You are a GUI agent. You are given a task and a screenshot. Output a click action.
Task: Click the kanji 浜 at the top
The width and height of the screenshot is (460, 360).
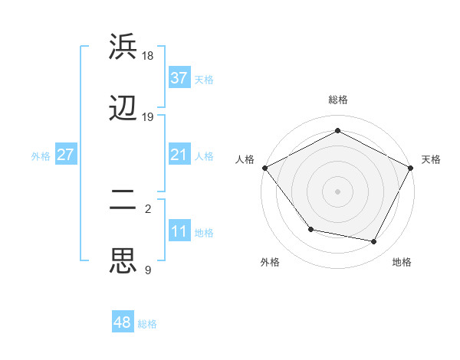(x=124, y=47)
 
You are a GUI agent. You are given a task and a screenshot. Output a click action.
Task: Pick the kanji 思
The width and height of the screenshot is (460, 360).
(x=124, y=260)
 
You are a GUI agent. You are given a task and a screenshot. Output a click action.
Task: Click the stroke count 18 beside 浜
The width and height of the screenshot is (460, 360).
(x=148, y=56)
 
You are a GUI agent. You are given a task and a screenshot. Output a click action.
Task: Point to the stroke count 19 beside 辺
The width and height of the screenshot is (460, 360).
(x=148, y=117)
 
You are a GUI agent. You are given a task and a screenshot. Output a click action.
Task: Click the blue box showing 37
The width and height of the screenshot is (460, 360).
(x=179, y=77)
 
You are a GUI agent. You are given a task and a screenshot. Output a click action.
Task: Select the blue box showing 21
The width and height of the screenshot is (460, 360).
(x=179, y=155)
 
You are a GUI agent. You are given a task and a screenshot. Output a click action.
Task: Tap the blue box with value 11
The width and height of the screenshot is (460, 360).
(x=179, y=232)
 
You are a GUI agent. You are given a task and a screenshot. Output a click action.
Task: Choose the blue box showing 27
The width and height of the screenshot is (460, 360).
(x=65, y=155)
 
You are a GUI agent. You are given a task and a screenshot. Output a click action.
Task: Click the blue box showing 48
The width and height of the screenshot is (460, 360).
(x=123, y=323)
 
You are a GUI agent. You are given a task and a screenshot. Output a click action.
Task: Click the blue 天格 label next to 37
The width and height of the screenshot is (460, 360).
(x=204, y=79)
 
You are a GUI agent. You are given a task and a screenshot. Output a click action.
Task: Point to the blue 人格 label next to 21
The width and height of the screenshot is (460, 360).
(x=204, y=156)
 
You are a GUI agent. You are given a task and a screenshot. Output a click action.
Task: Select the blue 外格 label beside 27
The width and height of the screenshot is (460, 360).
(x=41, y=156)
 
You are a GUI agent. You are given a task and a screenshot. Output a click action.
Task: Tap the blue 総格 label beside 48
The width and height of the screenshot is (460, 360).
(x=147, y=324)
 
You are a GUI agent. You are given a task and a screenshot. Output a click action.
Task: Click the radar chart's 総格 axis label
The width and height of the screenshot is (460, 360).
(x=338, y=100)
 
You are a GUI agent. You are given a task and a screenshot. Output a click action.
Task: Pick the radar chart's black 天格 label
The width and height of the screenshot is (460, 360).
(x=431, y=159)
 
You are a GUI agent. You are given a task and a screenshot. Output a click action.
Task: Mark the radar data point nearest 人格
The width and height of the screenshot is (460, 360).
(x=265, y=168)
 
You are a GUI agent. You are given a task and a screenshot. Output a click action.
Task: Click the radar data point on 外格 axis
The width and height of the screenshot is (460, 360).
(x=310, y=229)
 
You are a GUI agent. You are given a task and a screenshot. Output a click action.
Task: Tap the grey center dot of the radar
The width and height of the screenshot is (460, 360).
(x=338, y=191)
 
